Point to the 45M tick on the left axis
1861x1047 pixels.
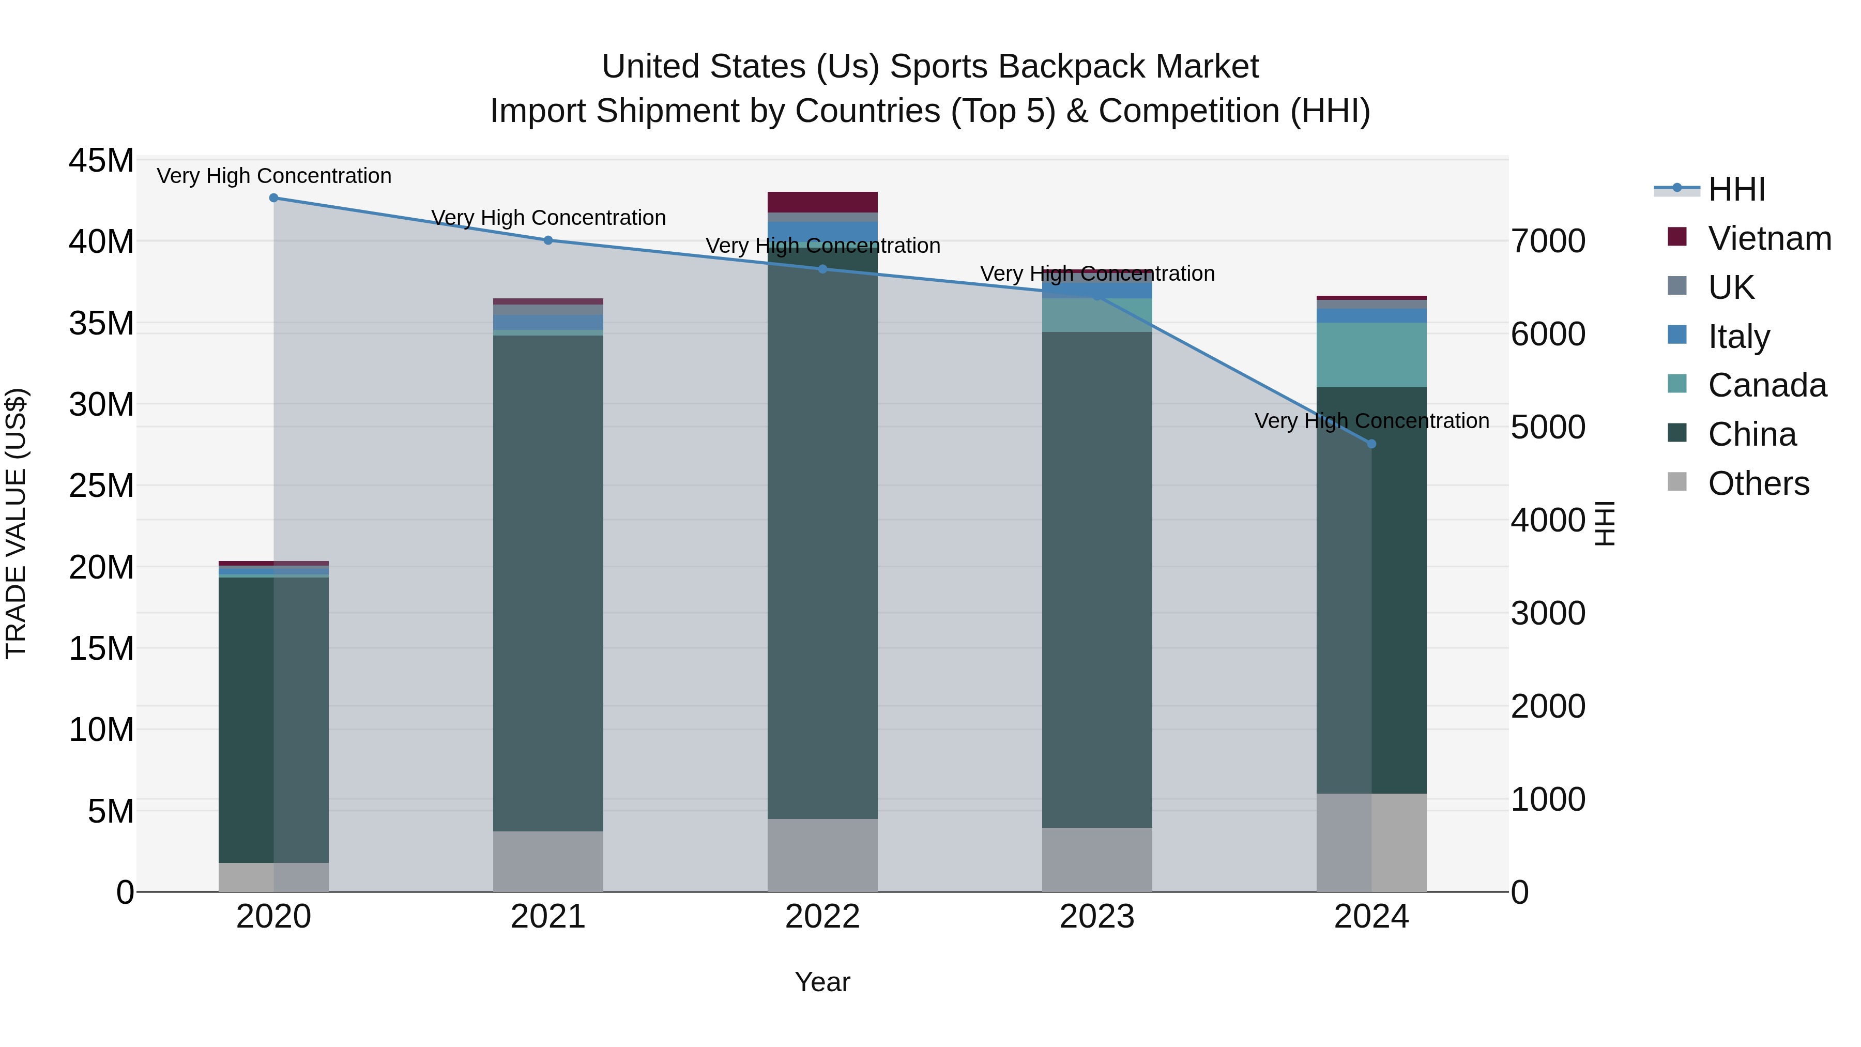[x=101, y=160]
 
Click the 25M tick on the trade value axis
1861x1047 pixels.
[x=101, y=485]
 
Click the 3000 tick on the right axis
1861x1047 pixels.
[x=1548, y=613]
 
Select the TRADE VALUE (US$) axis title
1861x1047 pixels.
[x=16, y=523]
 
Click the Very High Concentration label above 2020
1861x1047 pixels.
[x=274, y=176]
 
